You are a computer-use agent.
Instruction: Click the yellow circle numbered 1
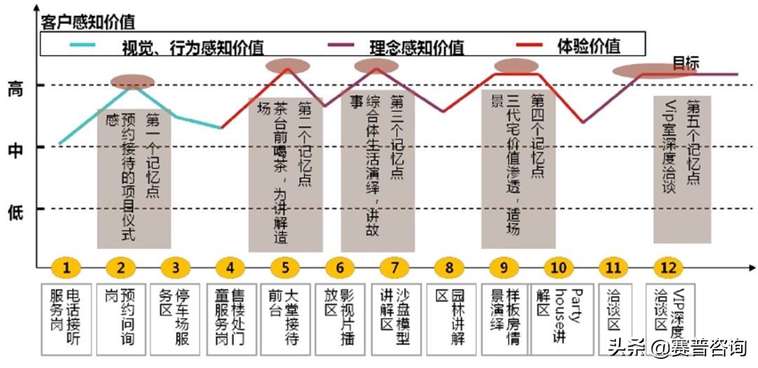pyautogui.click(x=67, y=268)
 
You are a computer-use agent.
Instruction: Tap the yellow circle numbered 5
pyautogui.click(x=285, y=268)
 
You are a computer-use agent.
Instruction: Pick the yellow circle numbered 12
pyautogui.click(x=668, y=268)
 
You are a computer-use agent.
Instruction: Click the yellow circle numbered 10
pyautogui.click(x=559, y=268)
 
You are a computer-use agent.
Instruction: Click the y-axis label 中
pyautogui.click(x=15, y=150)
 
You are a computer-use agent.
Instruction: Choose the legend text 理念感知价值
pyautogui.click(x=416, y=47)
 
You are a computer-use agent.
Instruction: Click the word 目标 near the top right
pyautogui.click(x=686, y=63)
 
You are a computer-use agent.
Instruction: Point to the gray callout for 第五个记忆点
pyautogui.click(x=681, y=169)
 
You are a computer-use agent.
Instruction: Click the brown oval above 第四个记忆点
pyautogui.click(x=516, y=66)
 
